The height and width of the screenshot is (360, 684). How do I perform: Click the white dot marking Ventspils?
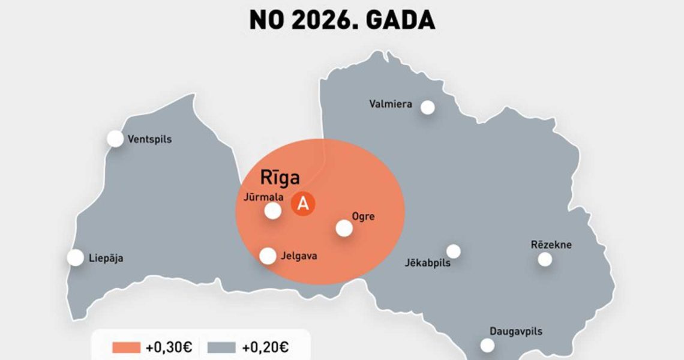click(x=115, y=139)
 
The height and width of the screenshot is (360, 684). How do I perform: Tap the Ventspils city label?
click(x=149, y=139)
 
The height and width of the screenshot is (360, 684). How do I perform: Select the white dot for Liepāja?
click(x=76, y=258)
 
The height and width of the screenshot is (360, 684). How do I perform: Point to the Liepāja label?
click(x=106, y=259)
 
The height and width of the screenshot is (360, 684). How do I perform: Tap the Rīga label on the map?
click(x=280, y=178)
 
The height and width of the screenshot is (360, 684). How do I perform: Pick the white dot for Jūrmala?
click(x=273, y=211)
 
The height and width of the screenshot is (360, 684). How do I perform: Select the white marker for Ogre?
click(x=344, y=228)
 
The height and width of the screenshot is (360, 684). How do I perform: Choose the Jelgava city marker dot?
click(x=268, y=256)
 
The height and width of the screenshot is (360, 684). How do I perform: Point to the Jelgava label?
click(x=299, y=256)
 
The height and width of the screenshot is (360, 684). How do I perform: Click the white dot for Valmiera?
click(x=427, y=107)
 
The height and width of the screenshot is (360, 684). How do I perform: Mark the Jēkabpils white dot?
click(x=454, y=251)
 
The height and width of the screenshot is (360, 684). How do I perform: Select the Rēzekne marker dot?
click(x=545, y=259)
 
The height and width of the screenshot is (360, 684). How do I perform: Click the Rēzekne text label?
click(x=551, y=245)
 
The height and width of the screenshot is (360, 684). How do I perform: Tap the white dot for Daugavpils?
click(x=487, y=346)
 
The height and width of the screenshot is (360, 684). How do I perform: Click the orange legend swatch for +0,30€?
click(x=127, y=347)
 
